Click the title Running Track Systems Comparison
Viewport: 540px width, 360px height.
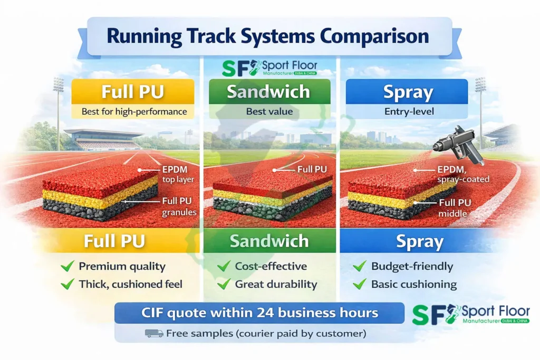click(x=267, y=36)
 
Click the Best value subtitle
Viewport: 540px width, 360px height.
click(x=269, y=112)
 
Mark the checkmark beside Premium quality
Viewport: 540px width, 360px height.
click(x=67, y=266)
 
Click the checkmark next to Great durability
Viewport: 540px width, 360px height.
click(x=224, y=284)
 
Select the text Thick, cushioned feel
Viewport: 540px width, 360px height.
click(x=130, y=284)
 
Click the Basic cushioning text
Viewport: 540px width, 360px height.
click(x=413, y=284)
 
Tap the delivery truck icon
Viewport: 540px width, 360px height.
click(x=153, y=333)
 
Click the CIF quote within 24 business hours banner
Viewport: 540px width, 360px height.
click(x=260, y=313)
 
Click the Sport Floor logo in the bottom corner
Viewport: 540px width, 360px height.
click(x=470, y=314)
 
